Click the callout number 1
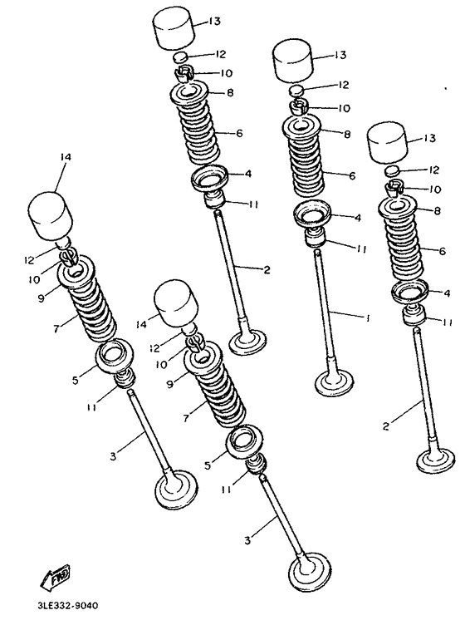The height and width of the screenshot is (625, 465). tap(368, 317)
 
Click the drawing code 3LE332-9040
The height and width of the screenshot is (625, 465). tap(68, 606)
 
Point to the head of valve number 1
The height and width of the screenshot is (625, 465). tap(334, 382)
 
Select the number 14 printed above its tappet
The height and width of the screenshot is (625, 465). tap(66, 157)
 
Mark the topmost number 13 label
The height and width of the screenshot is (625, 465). tap(214, 21)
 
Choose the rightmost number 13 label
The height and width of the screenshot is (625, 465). tap(429, 138)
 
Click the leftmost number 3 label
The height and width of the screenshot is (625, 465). tap(113, 456)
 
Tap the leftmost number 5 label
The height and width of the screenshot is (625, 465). tap(76, 380)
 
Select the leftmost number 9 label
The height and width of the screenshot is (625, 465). tap(42, 298)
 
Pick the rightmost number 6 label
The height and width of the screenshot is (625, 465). tap(443, 251)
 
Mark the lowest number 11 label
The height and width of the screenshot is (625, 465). tap(226, 489)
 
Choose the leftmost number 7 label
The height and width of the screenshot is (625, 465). tap(56, 329)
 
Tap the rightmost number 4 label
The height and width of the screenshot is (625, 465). tap(447, 293)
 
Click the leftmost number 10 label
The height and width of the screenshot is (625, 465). tap(34, 279)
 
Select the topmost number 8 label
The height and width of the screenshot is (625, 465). tap(231, 93)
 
